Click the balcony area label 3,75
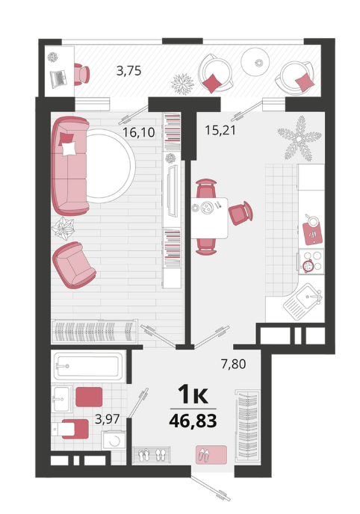tap(128, 70)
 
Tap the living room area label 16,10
tap(139, 132)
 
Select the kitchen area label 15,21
tap(220, 130)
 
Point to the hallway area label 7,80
tap(233, 364)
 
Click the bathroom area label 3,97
tap(107, 419)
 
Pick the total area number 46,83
tap(193, 421)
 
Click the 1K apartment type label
tap(193, 394)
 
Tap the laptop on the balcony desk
tap(58, 78)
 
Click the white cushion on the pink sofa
tap(69, 148)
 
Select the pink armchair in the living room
tap(74, 265)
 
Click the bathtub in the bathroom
tap(88, 366)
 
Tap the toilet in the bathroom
tap(69, 429)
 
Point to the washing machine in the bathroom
tap(114, 440)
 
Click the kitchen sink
tap(304, 302)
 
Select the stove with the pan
tap(311, 261)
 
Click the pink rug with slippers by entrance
tap(211, 455)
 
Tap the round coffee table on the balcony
tap(255, 62)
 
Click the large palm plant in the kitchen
tap(299, 139)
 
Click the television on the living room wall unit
tap(173, 191)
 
